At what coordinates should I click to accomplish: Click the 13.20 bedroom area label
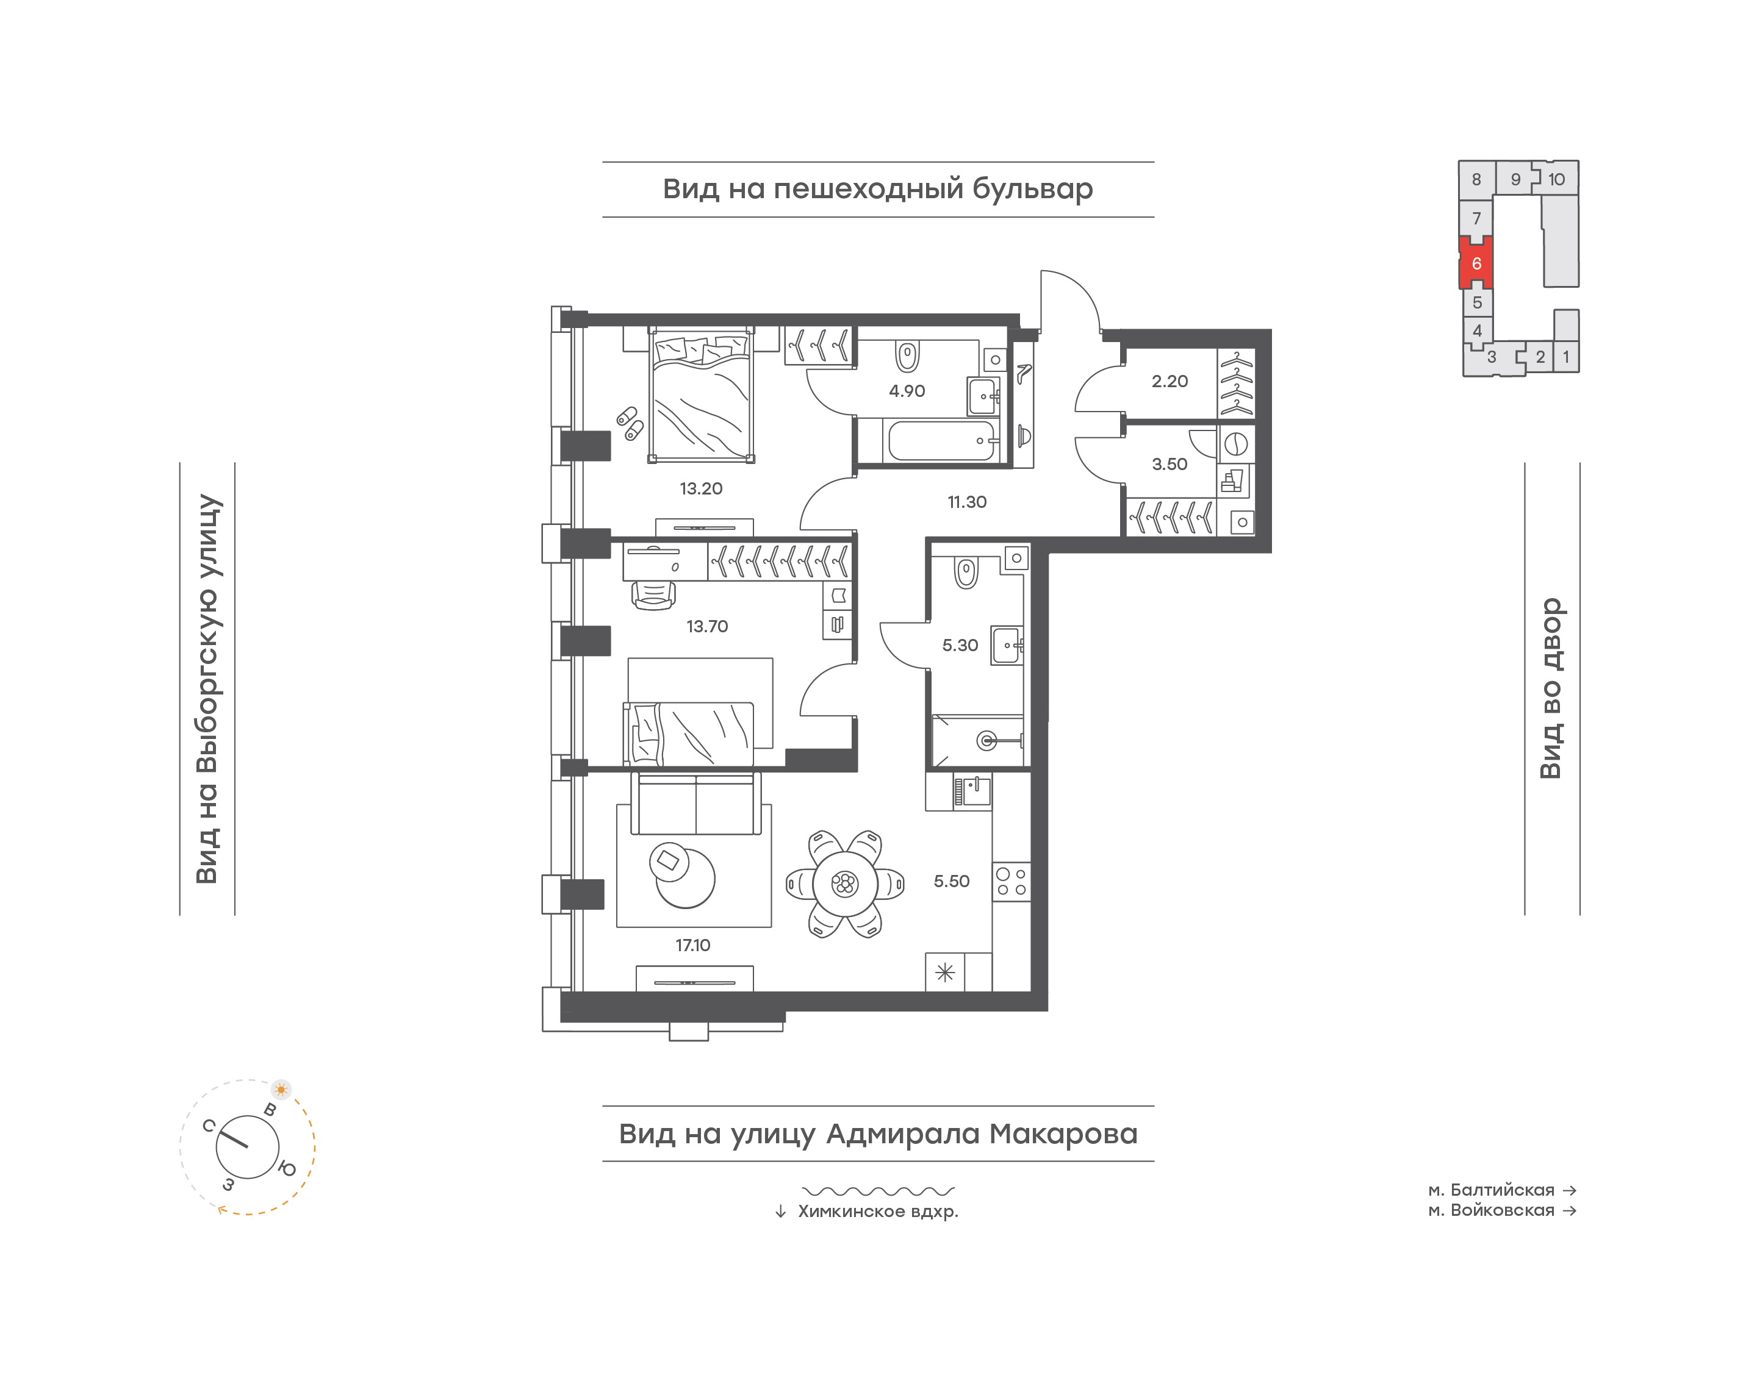700,488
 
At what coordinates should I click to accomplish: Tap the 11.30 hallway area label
967,502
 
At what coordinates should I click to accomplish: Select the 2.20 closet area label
1170,381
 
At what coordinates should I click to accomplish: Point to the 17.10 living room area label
692,944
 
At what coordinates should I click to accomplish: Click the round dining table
845,884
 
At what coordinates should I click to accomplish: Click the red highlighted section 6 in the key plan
1476,263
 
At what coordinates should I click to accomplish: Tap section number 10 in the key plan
1556,179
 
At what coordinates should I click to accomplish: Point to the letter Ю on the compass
287,1168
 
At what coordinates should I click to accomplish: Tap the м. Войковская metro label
1492,1210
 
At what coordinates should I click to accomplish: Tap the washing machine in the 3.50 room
1235,444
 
